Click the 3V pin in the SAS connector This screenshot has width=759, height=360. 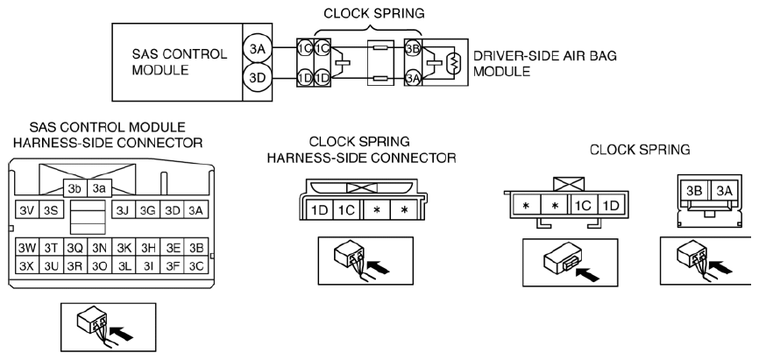click(x=26, y=210)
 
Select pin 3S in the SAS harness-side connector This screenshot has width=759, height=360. click(x=50, y=210)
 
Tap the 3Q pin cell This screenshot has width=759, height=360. click(x=75, y=248)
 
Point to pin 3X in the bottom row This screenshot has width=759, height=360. click(x=27, y=265)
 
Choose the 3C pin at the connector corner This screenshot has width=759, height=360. click(x=196, y=265)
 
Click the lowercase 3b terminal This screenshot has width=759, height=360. click(x=75, y=188)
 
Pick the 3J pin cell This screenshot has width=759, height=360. click(x=124, y=210)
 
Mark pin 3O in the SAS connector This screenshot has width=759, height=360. click(x=99, y=265)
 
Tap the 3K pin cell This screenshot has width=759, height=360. click(x=124, y=248)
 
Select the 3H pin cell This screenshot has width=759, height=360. click(x=148, y=248)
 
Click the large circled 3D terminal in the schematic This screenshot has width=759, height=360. click(x=257, y=77)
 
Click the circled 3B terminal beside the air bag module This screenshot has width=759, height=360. click(x=413, y=48)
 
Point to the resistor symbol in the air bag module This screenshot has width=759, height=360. click(x=454, y=62)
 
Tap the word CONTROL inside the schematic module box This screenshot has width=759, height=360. click(x=200, y=53)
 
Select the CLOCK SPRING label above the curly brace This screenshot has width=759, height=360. click(x=373, y=13)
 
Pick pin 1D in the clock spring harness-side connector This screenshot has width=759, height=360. click(x=320, y=209)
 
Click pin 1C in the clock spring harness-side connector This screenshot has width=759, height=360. click(x=346, y=209)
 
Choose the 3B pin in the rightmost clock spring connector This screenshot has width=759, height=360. click(x=695, y=191)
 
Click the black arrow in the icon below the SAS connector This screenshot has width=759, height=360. click(x=122, y=334)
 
